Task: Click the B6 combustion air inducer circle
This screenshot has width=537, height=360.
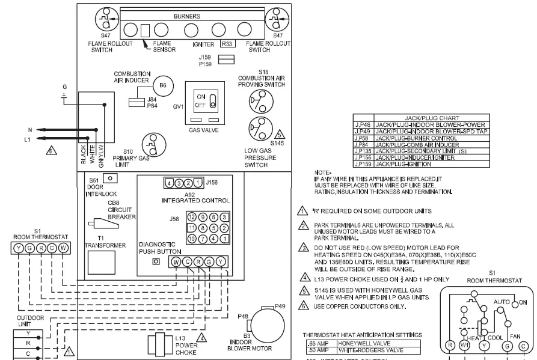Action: (161, 85)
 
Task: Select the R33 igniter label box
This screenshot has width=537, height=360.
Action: (227, 44)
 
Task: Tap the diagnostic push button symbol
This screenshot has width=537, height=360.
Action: (156, 262)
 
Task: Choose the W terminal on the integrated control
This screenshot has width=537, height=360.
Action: (176, 261)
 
